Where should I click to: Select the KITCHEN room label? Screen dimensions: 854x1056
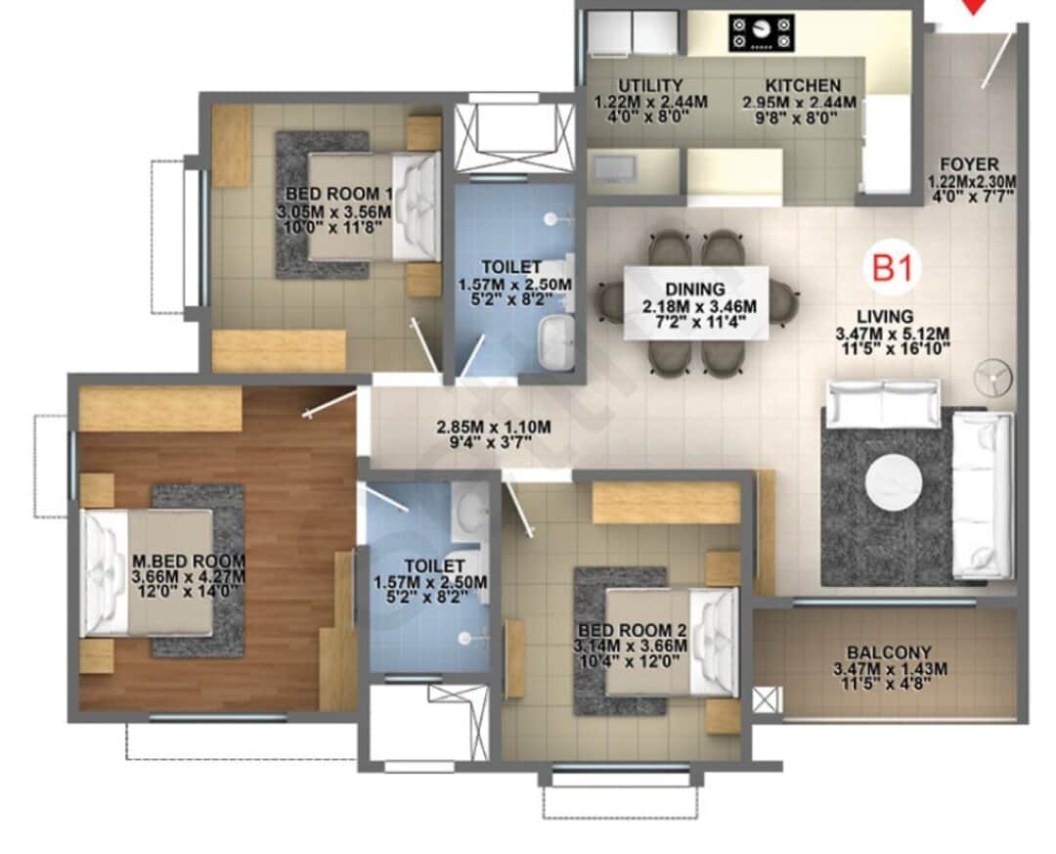coord(803,86)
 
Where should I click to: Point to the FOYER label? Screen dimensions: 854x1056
coord(969,164)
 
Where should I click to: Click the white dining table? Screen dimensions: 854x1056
coord(695,302)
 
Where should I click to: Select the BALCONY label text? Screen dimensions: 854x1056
coord(889,652)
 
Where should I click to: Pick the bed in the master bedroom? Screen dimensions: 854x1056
coord(147,572)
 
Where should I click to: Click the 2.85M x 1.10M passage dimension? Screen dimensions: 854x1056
coord(494,427)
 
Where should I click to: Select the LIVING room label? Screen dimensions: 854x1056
coord(885,316)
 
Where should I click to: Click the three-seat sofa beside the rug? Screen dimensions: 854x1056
coord(984,494)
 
